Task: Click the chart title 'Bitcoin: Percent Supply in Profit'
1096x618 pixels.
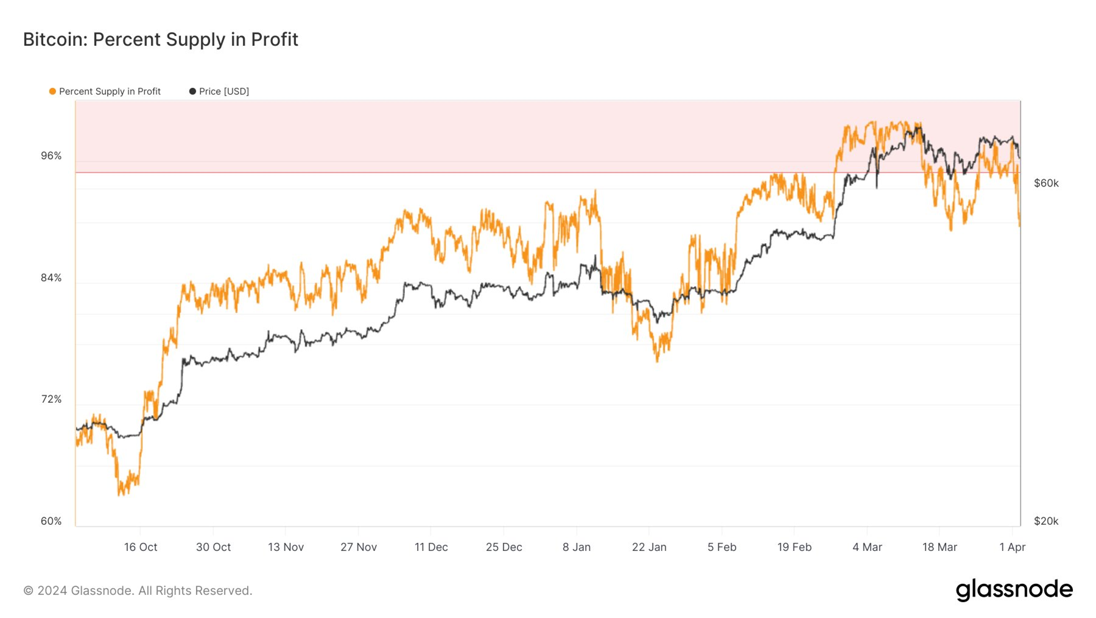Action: [161, 40]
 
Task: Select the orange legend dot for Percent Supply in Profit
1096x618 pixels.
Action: [52, 91]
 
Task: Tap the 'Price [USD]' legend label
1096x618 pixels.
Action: [223, 91]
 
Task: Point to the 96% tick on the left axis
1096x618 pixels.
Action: [51, 156]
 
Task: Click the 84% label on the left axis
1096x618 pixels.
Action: [51, 278]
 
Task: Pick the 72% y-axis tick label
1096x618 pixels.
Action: [51, 399]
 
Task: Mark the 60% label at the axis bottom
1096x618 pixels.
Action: [51, 521]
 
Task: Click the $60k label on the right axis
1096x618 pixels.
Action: [1046, 183]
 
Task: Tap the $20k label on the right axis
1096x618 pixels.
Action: [1046, 521]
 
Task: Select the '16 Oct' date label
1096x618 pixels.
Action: [141, 547]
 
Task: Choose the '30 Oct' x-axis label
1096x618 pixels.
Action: [213, 547]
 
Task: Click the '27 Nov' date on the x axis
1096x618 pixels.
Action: [359, 547]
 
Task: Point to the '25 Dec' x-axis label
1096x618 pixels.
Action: [504, 547]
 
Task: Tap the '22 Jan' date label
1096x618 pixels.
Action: [649, 547]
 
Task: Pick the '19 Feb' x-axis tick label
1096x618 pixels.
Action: [794, 547]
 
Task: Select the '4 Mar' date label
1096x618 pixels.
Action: [867, 547]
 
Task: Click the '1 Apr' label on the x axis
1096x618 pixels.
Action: [1012, 547]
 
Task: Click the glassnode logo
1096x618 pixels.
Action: [1014, 590]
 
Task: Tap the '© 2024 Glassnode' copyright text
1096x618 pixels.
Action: [138, 591]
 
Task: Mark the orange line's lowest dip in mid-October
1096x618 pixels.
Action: [120, 494]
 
